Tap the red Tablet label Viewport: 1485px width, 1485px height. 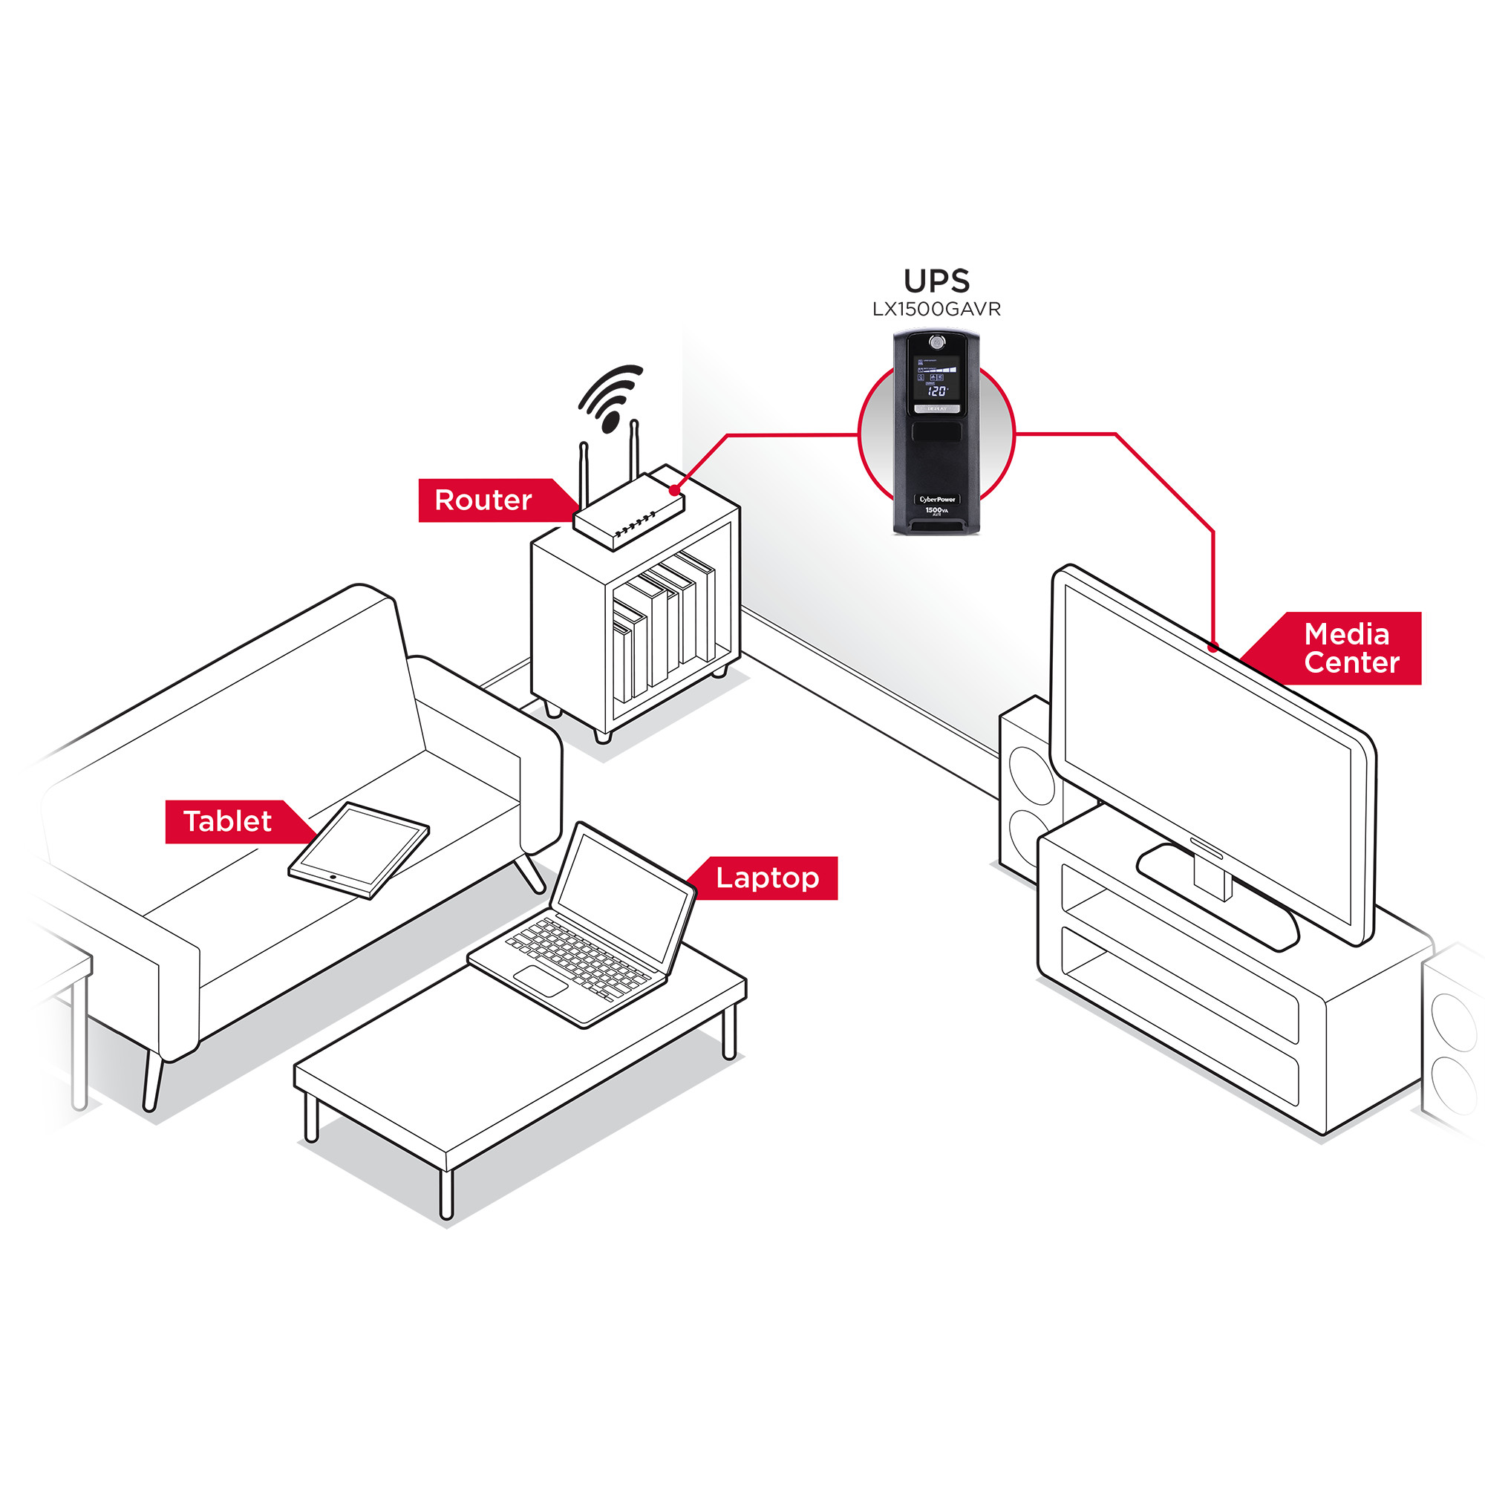[x=228, y=822]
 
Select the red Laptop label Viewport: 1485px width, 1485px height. [x=767, y=878]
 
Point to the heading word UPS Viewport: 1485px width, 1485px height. [x=936, y=281]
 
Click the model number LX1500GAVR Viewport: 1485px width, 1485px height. [x=936, y=309]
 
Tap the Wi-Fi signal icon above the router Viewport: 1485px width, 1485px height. [x=609, y=396]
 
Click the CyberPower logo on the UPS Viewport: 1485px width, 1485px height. [x=937, y=499]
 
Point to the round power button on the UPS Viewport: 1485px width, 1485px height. [x=936, y=342]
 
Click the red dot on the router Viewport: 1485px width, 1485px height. [x=674, y=489]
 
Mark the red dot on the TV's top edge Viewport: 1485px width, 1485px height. [x=1213, y=647]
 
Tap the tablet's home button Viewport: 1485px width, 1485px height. [x=332, y=877]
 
